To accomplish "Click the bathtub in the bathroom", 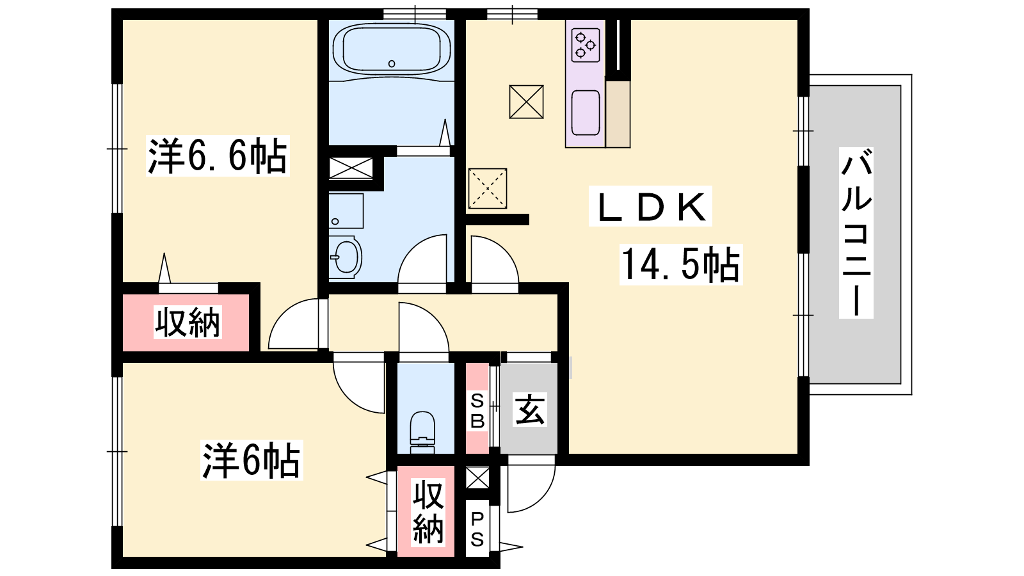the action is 391,49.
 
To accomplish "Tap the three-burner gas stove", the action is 585,45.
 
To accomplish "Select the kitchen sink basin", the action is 585,113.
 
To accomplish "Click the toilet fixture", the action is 422,432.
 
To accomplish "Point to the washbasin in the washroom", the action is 345,257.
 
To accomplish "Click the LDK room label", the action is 650,207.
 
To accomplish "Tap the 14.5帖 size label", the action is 681,265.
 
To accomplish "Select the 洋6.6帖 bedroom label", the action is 218,156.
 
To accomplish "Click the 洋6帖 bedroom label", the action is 252,460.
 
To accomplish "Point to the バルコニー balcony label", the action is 856,233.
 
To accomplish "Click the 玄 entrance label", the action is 530,410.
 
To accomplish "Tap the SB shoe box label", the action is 477,411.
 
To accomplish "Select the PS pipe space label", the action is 477,530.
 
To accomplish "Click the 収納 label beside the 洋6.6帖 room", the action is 188,323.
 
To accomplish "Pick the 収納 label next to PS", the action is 428,512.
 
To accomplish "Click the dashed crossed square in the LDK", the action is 487,188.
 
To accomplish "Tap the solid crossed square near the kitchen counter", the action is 526,102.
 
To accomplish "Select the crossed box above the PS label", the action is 477,477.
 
